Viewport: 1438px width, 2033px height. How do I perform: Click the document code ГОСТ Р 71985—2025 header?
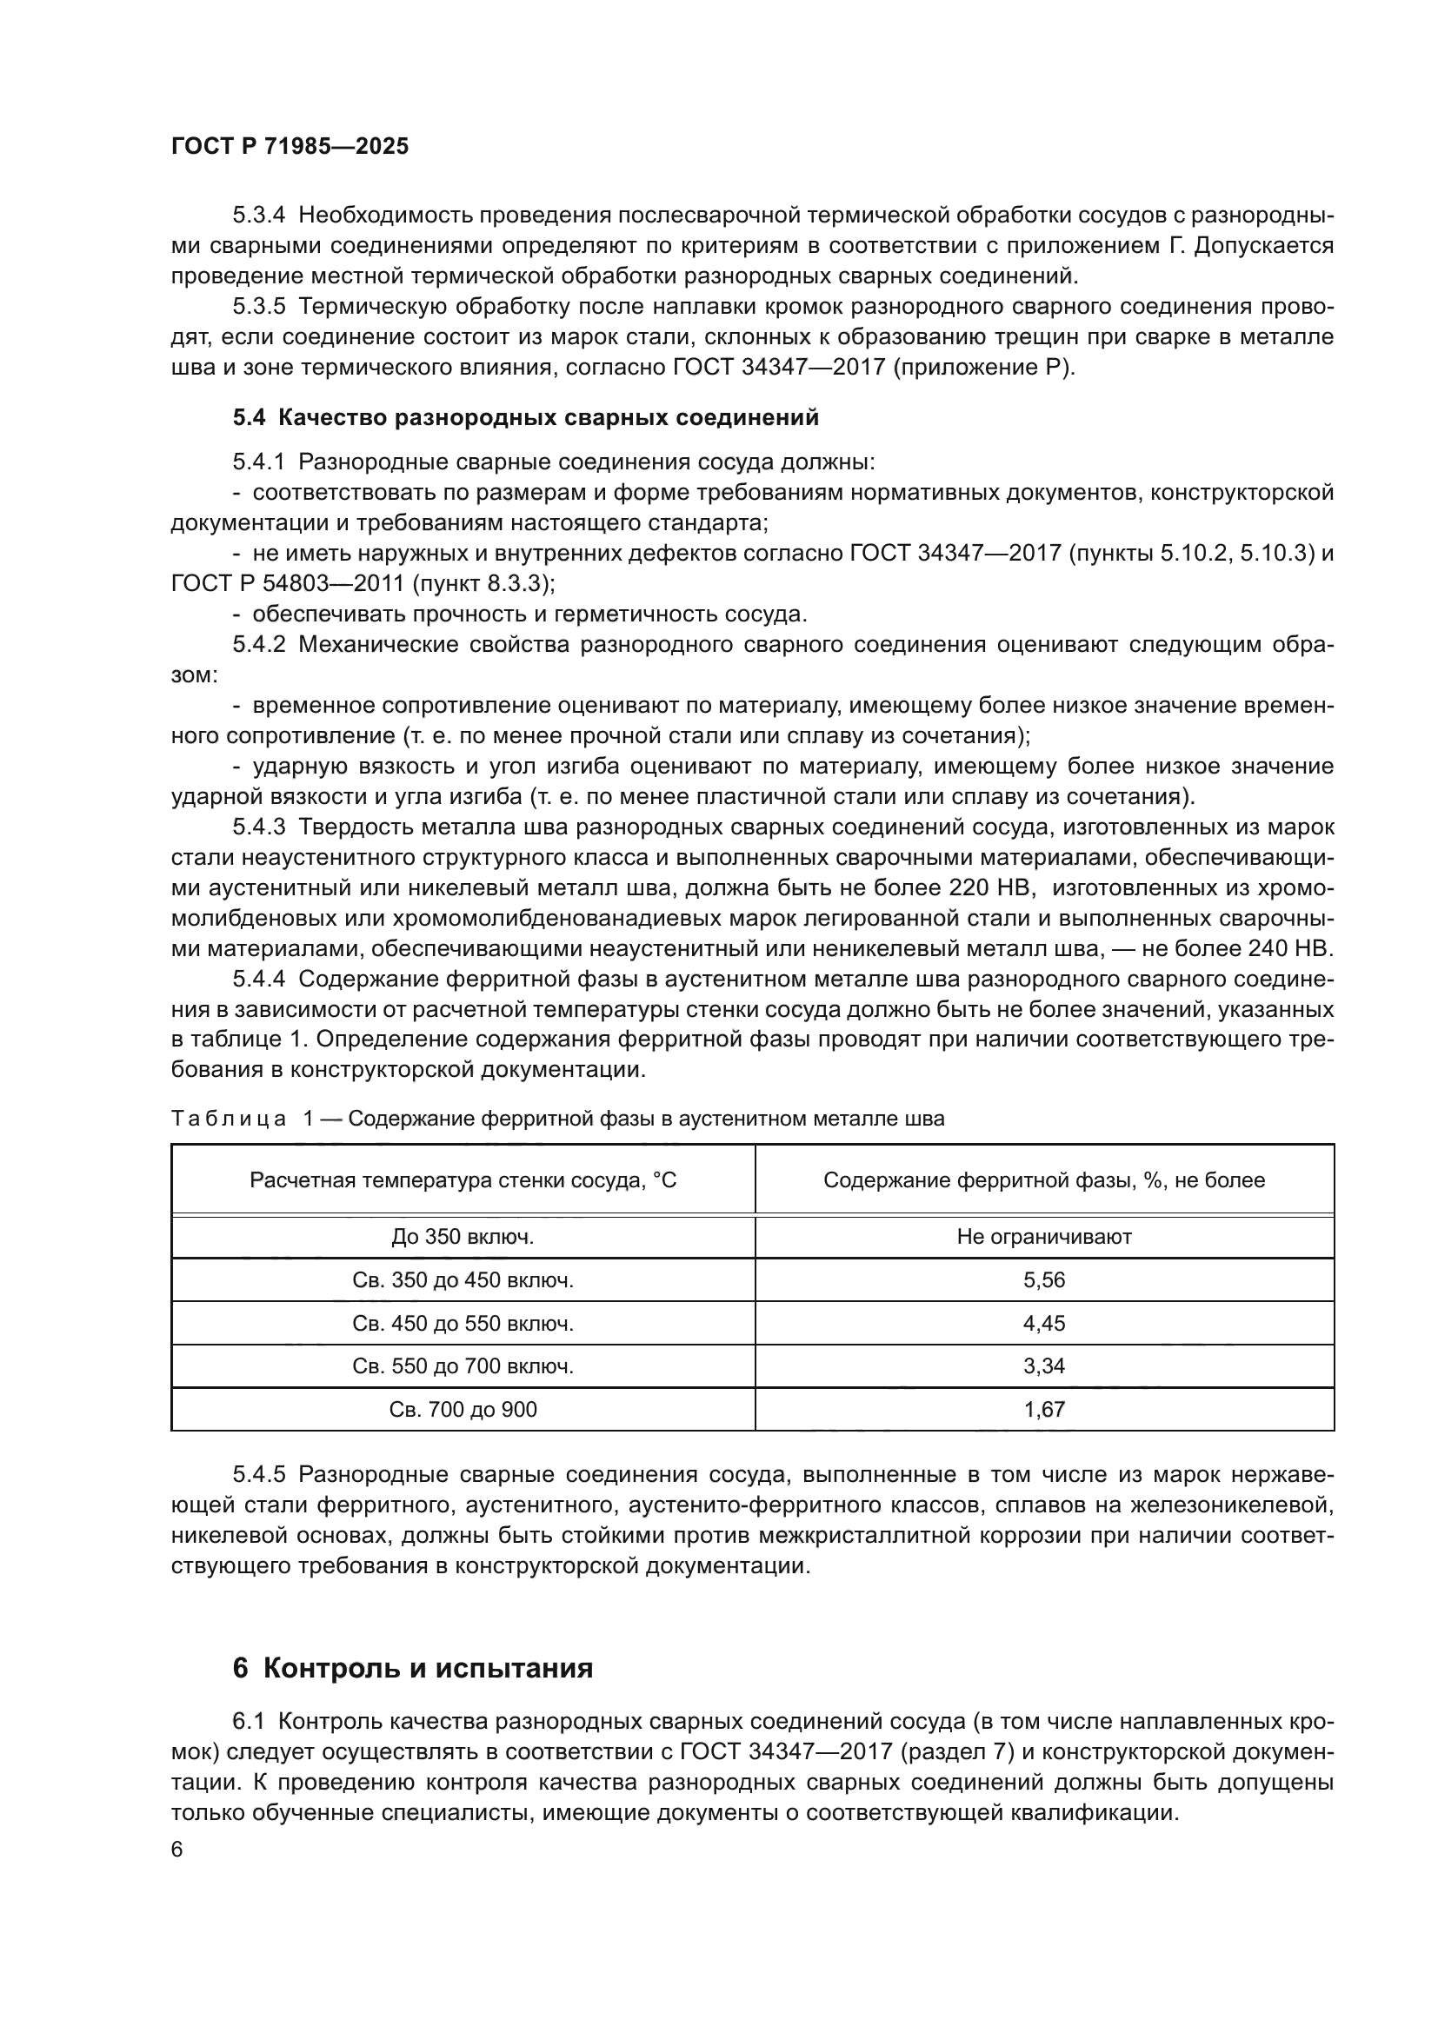pyautogui.click(x=290, y=147)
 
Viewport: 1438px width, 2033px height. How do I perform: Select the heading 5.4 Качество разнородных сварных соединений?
pyautogui.click(x=526, y=417)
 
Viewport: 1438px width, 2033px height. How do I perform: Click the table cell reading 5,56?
pyautogui.click(x=1044, y=1279)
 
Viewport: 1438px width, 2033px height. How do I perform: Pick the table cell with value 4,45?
pyautogui.click(x=1044, y=1323)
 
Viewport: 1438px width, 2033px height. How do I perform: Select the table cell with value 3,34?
pyautogui.click(x=1044, y=1365)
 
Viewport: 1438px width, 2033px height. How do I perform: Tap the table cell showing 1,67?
pyautogui.click(x=1044, y=1409)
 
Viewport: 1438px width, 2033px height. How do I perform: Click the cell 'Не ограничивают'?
pyautogui.click(x=1044, y=1236)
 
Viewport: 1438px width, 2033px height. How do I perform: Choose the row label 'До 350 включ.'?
pyautogui.click(x=463, y=1236)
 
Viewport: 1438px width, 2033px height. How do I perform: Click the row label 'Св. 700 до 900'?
pyautogui.click(x=463, y=1409)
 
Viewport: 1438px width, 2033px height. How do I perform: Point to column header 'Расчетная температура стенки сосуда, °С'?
pyautogui.click(x=463, y=1179)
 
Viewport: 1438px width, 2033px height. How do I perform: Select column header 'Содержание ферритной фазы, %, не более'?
pyautogui.click(x=1044, y=1179)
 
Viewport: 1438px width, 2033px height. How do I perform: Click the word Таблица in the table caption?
pyautogui.click(x=229, y=1119)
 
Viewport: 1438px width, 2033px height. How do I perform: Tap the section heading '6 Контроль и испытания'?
pyautogui.click(x=413, y=1668)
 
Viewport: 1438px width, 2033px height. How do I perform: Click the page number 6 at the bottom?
pyautogui.click(x=177, y=1850)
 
